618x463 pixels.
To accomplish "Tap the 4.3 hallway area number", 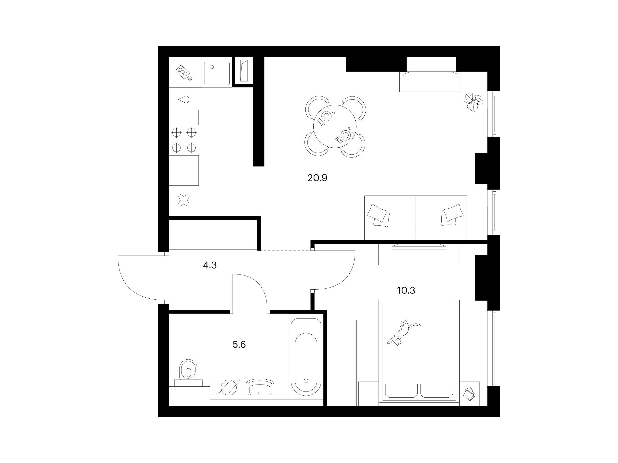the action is point(210,265).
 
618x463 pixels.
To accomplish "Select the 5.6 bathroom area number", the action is point(239,345).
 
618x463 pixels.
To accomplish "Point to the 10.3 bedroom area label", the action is point(406,290).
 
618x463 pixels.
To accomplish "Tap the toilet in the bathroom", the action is point(188,372).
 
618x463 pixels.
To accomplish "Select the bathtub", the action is point(306,357).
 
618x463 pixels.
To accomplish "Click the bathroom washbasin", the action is point(260,388).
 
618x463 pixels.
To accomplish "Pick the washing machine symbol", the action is point(229,388).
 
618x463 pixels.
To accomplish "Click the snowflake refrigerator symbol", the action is point(184,200).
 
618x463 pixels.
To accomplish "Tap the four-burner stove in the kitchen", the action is point(184,140).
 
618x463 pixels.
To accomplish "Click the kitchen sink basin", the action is point(217,73).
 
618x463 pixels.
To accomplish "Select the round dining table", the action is point(335,127).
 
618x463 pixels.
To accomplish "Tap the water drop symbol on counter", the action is point(184,99).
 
